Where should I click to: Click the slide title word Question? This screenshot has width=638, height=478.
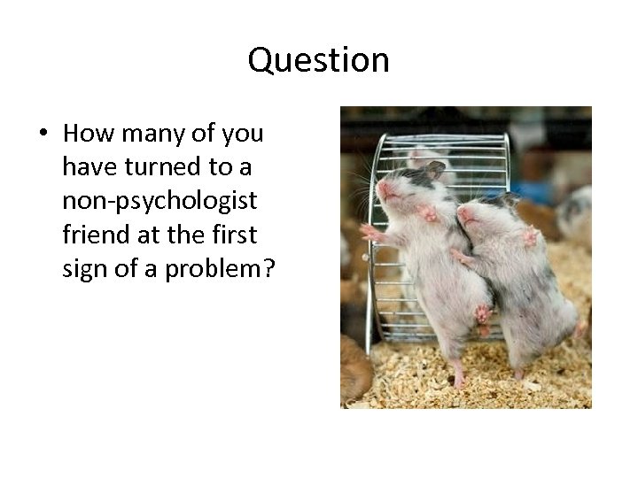(x=319, y=60)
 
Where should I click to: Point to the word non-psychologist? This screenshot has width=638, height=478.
(x=159, y=201)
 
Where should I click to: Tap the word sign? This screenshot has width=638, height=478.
(x=83, y=268)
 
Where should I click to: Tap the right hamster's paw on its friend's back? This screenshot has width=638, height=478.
(x=461, y=258)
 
